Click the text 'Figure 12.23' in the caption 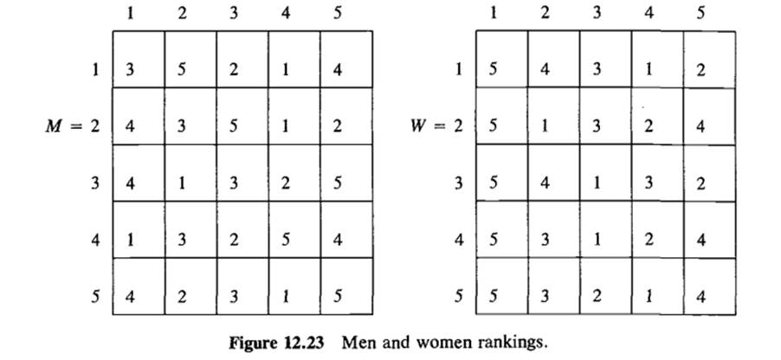(x=278, y=341)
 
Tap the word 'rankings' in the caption (x=517, y=342)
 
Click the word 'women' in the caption (x=457, y=342)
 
